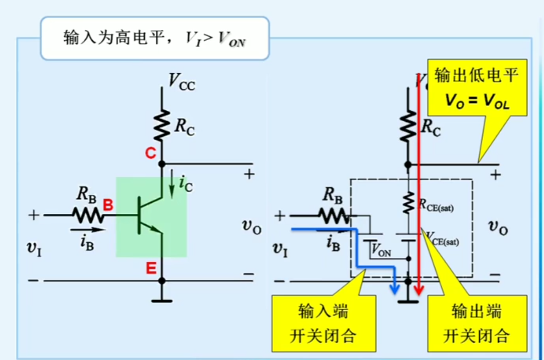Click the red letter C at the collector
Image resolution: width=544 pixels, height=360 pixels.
[x=151, y=153]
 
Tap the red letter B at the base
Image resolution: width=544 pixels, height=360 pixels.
[x=108, y=205]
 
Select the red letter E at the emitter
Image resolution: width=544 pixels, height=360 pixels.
[x=151, y=268]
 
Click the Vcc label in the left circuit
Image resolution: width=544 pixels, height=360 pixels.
[x=181, y=82]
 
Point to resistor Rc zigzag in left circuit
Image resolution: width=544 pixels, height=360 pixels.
[x=162, y=125]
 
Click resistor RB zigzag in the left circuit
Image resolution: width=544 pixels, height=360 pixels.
[x=88, y=215]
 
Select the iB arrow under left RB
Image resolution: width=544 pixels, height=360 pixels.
[x=88, y=230]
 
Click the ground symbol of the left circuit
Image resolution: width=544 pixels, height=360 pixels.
[x=162, y=301]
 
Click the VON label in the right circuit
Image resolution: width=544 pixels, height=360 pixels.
[x=381, y=250]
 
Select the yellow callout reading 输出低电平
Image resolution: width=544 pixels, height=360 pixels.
[x=477, y=88]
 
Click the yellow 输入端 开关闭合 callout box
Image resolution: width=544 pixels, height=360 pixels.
[x=323, y=323]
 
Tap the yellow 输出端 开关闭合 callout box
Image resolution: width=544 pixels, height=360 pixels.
[x=477, y=323]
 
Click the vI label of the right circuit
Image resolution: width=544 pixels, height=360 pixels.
[x=280, y=249]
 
